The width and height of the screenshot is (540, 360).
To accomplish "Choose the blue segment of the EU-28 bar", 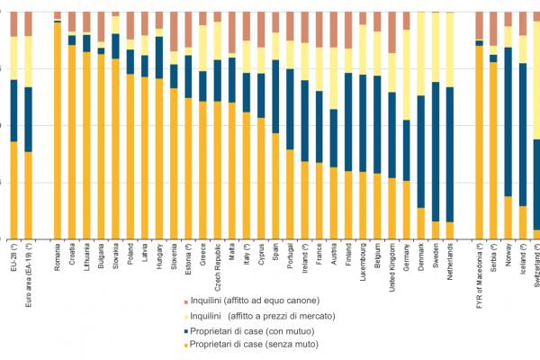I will click(13, 110).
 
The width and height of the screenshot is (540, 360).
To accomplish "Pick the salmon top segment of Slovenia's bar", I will click(174, 31).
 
